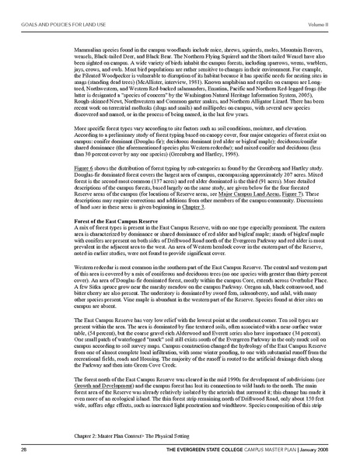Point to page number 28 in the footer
pyautogui.click(x=24, y=450)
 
